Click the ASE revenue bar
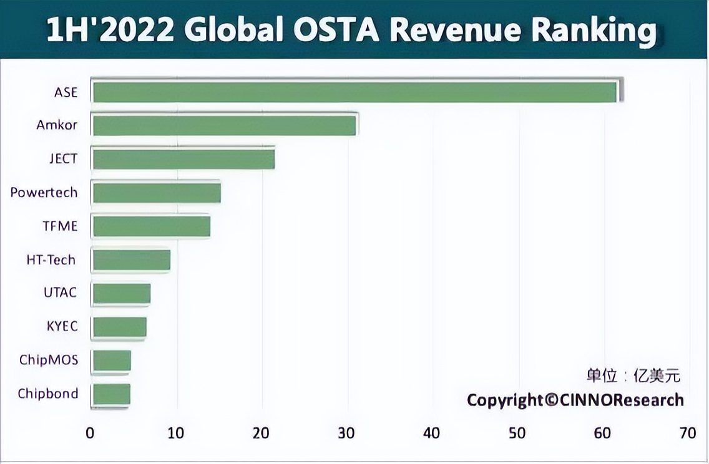coord(354,92)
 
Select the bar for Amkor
coord(224,125)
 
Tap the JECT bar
coord(183,159)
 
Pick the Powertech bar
coord(157,193)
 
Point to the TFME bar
coord(151,226)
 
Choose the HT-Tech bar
coord(131,259)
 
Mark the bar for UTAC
coord(122,293)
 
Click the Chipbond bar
coord(111,394)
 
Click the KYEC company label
coord(62,326)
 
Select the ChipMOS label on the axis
coord(49,360)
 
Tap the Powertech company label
coord(44,192)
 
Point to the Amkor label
coord(57,125)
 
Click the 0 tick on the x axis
coord(90,433)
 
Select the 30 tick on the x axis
coord(346,433)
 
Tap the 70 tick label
coord(688,433)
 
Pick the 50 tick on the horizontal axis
coord(517,433)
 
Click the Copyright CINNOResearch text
coord(575,400)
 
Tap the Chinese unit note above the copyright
coord(633,375)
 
